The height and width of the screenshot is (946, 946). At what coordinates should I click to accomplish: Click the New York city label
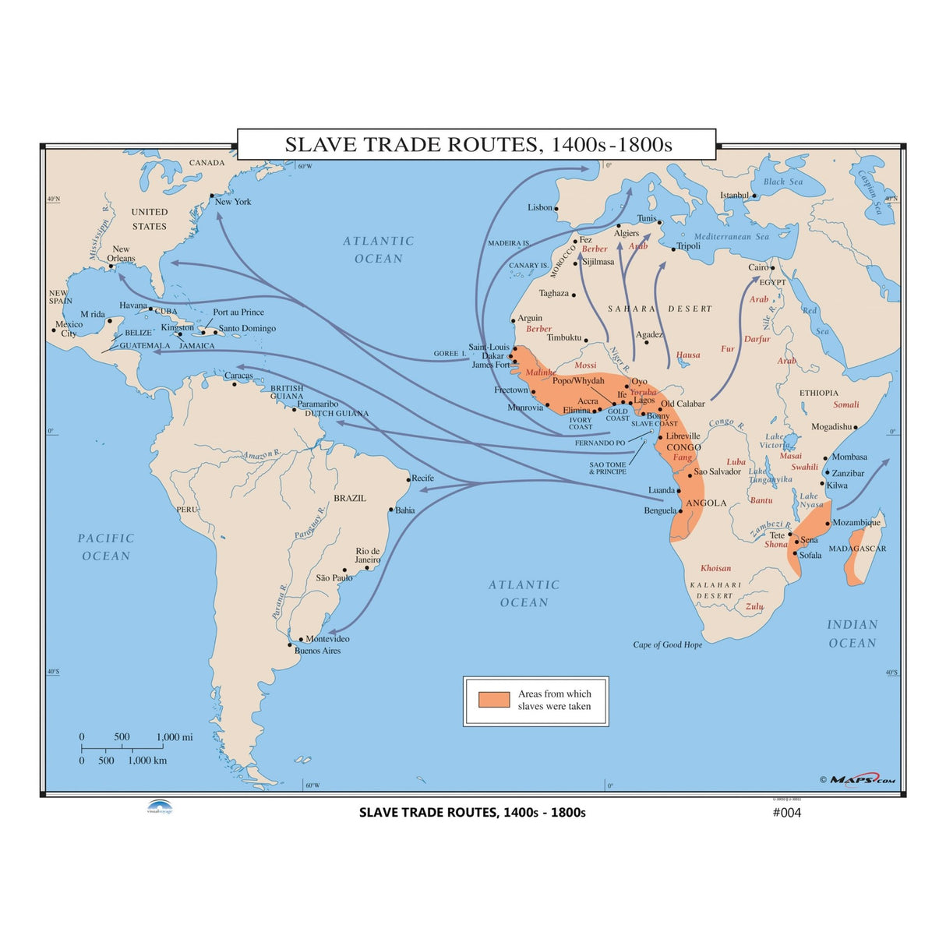(233, 202)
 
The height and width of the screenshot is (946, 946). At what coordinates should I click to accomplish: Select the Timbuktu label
(564, 337)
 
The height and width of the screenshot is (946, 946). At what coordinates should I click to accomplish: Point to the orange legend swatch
(494, 699)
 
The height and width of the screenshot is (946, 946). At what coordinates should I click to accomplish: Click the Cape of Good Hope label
(667, 644)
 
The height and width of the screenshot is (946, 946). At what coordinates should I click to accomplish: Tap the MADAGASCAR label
(857, 549)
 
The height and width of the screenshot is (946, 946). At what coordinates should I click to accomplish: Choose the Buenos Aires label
(317, 651)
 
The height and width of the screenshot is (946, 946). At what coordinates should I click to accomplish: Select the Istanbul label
(734, 196)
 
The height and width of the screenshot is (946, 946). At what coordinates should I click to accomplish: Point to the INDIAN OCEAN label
(852, 634)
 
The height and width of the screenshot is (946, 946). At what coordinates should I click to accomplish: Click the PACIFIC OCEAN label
(106, 547)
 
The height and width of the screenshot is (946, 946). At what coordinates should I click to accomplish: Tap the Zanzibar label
(848, 473)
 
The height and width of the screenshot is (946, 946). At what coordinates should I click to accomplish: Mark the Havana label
(133, 305)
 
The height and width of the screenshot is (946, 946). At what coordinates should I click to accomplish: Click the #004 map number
(785, 813)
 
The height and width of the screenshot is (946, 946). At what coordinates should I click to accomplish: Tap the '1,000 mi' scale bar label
(175, 737)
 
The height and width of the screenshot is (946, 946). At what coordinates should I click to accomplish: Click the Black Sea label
(782, 182)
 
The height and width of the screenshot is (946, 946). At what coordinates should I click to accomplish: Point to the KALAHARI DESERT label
(715, 590)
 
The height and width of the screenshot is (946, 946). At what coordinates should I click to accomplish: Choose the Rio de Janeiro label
(368, 555)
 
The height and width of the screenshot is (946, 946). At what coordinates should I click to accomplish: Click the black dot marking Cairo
(772, 268)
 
